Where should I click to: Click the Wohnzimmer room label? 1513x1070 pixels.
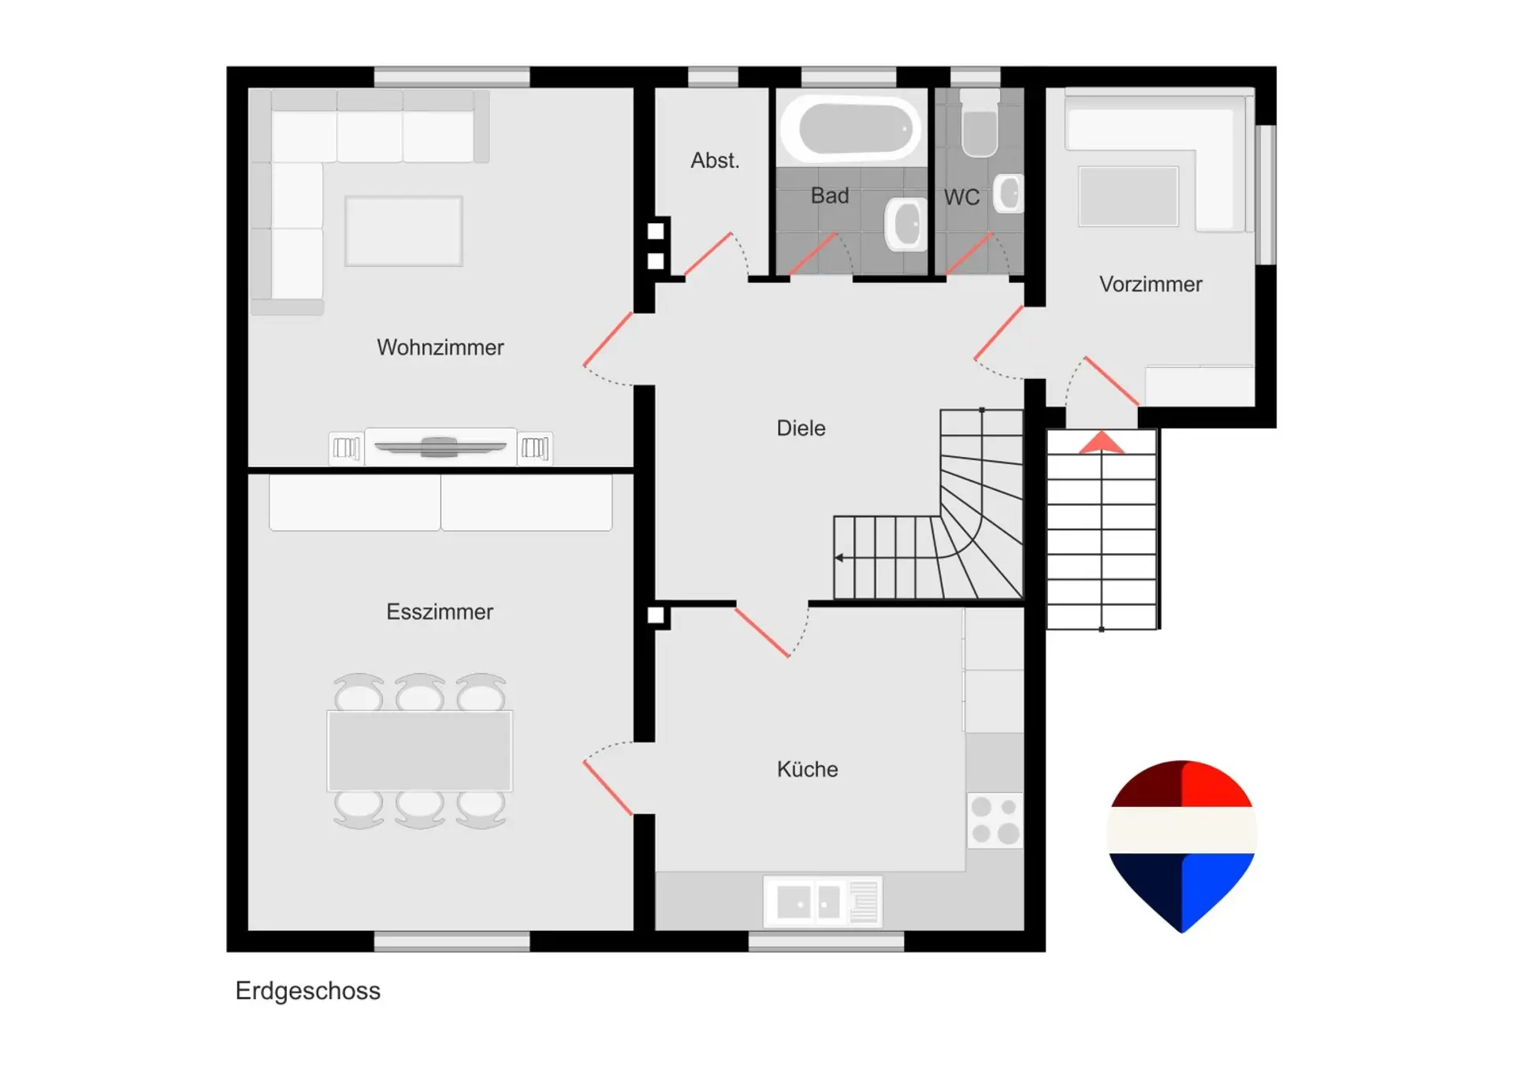pos(440,347)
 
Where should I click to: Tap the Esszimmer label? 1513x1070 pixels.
pos(440,611)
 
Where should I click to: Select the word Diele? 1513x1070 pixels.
pos(801,428)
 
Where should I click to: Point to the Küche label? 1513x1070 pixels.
pos(807,769)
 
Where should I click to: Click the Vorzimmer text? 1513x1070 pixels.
pos(1151,284)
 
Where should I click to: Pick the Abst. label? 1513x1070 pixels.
pos(715,161)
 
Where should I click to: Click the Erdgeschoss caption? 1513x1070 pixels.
pos(307,990)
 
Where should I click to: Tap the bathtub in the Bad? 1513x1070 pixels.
pos(852,128)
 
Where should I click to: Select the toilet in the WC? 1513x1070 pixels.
pos(980,124)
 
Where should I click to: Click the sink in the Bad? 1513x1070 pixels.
pos(905,224)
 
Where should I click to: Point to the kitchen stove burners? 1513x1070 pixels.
pos(994,820)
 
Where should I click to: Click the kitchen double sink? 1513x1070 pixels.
pos(823,902)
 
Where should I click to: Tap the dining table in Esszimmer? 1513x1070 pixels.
pos(419,751)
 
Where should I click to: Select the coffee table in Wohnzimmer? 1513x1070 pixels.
pos(403,231)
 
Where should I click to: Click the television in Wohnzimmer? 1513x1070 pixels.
pos(440,448)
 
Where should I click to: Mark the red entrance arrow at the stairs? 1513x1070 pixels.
pos(1101,442)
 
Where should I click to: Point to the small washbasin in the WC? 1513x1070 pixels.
pos(1009,193)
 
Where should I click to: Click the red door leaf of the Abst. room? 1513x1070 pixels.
pos(708,254)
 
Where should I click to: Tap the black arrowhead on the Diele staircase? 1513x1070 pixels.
pos(839,558)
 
